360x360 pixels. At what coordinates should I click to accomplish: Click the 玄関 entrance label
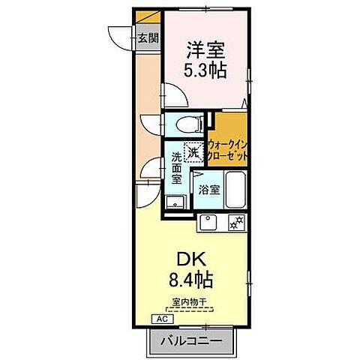[x=148, y=39]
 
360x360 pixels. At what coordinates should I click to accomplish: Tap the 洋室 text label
[x=205, y=46]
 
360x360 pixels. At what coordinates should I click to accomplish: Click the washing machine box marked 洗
[x=193, y=151]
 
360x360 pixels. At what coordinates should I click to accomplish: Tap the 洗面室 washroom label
[x=176, y=168]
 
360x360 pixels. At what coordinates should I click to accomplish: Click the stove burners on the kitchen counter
[x=236, y=222]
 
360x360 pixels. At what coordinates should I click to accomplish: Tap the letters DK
[x=191, y=257]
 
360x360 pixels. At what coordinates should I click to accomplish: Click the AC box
[x=161, y=319]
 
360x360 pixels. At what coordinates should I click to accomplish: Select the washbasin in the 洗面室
[x=174, y=202]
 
